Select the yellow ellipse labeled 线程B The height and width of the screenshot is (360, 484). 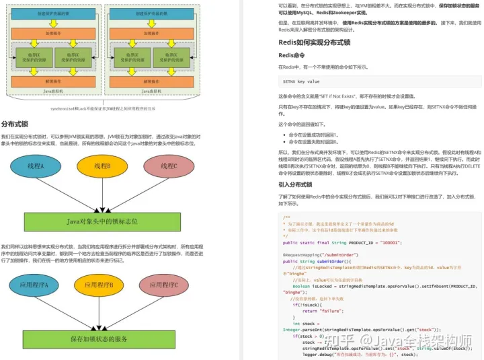pos(103,166)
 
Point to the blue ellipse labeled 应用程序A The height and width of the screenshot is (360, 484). pos(34,285)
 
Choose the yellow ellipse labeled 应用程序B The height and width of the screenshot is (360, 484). pos(103,285)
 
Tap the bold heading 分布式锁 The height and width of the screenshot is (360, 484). pos(14,124)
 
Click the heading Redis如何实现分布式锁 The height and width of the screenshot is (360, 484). pos(314,42)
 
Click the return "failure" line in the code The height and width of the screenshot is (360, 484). pos(319,311)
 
